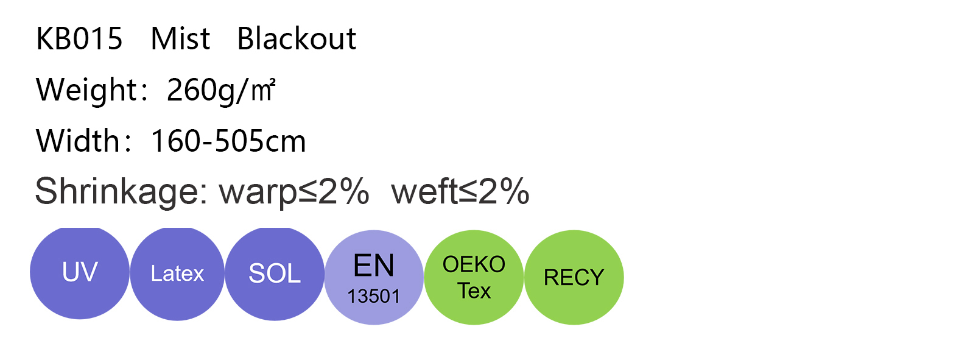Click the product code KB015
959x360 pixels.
click(x=79, y=39)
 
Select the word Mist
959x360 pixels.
click(x=180, y=39)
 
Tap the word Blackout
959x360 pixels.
click(x=297, y=38)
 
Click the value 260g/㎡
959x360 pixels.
click(x=221, y=90)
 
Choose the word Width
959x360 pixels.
click(x=78, y=141)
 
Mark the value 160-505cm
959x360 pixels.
click(x=228, y=141)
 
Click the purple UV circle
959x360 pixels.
click(x=80, y=273)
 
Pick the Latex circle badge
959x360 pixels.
click(x=177, y=274)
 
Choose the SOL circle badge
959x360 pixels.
click(x=275, y=274)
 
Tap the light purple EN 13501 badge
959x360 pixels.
click(x=374, y=277)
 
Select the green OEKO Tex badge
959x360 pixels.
click(x=474, y=277)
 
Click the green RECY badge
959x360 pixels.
click(x=574, y=277)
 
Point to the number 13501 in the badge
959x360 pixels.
click(x=374, y=296)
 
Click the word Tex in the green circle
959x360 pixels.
click(x=474, y=291)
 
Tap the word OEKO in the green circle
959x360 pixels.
click(x=474, y=264)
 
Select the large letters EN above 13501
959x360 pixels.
click(x=374, y=266)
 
